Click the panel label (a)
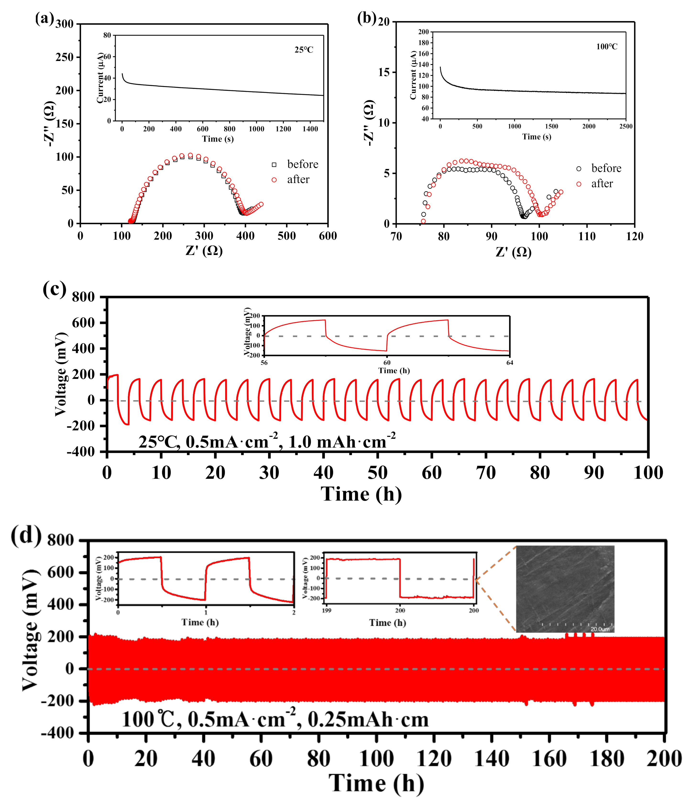[44, 19]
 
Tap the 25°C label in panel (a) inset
[304, 50]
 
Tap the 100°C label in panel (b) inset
[607, 47]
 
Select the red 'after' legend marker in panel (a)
[274, 180]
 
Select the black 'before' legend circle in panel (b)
[579, 169]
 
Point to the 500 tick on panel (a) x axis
[287, 236]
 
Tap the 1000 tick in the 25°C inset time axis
[256, 129]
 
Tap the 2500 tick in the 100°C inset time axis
[626, 127]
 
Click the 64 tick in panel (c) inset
[509, 363]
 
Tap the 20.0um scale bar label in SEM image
[600, 629]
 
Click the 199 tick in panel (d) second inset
[327, 610]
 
